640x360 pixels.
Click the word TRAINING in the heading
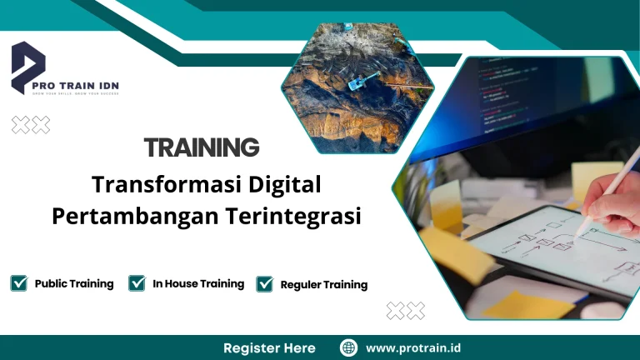click(x=202, y=147)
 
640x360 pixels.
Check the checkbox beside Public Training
click(x=18, y=283)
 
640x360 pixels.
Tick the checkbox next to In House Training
click(x=137, y=283)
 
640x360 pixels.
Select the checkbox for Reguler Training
click(x=265, y=284)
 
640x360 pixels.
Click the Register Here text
click(x=269, y=347)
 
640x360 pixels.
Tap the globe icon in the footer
click(x=349, y=347)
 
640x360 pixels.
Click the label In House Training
click(x=198, y=283)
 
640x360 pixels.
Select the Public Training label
click(x=74, y=283)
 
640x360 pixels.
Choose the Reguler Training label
click(x=324, y=284)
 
